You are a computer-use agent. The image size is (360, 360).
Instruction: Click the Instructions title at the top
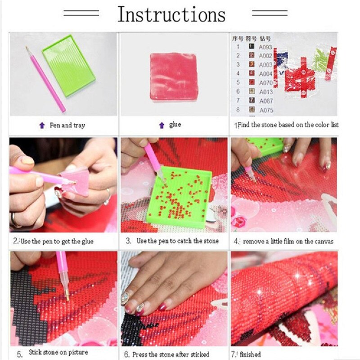pyautogui.click(x=171, y=14)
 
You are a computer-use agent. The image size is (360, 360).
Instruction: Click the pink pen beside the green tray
pyautogui.click(x=45, y=79)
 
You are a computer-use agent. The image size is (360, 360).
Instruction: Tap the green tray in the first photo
pyautogui.click(x=69, y=65)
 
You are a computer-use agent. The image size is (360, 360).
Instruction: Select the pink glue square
pyautogui.click(x=173, y=76)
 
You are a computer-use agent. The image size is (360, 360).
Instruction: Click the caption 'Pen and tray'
pyautogui.click(x=67, y=126)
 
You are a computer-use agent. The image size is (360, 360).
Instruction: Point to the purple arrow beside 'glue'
pyautogui.click(x=162, y=125)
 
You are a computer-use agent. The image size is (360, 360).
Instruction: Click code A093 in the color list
pyautogui.click(x=265, y=46)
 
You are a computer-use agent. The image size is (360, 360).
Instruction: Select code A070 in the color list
pyautogui.click(x=265, y=83)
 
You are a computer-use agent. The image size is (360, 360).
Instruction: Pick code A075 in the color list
pyautogui.click(x=265, y=109)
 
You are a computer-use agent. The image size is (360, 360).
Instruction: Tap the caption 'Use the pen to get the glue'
pyautogui.click(x=56, y=241)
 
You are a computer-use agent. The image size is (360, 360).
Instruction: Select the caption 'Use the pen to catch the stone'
pyautogui.click(x=177, y=241)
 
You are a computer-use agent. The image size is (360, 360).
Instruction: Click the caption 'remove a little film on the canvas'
pyautogui.click(x=288, y=241)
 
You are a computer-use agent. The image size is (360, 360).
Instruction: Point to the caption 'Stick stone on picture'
pyautogui.click(x=58, y=352)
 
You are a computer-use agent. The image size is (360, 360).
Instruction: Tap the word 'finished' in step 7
pyautogui.click(x=250, y=355)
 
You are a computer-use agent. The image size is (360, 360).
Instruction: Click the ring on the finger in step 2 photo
pyautogui.click(x=107, y=197)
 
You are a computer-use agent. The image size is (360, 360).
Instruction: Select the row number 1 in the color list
pyautogui.click(x=238, y=46)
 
